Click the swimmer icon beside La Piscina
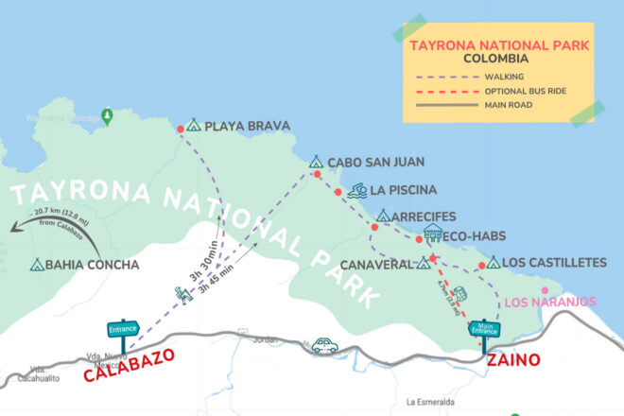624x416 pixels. [x=356, y=191]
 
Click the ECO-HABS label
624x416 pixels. [x=477, y=236]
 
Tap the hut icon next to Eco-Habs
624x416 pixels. [x=433, y=234]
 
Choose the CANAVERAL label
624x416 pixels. [x=375, y=264]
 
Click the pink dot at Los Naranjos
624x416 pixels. [x=544, y=290]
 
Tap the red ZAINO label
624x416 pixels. [x=512, y=360]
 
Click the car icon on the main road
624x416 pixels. [x=324, y=346]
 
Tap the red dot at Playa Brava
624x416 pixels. [x=181, y=129]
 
